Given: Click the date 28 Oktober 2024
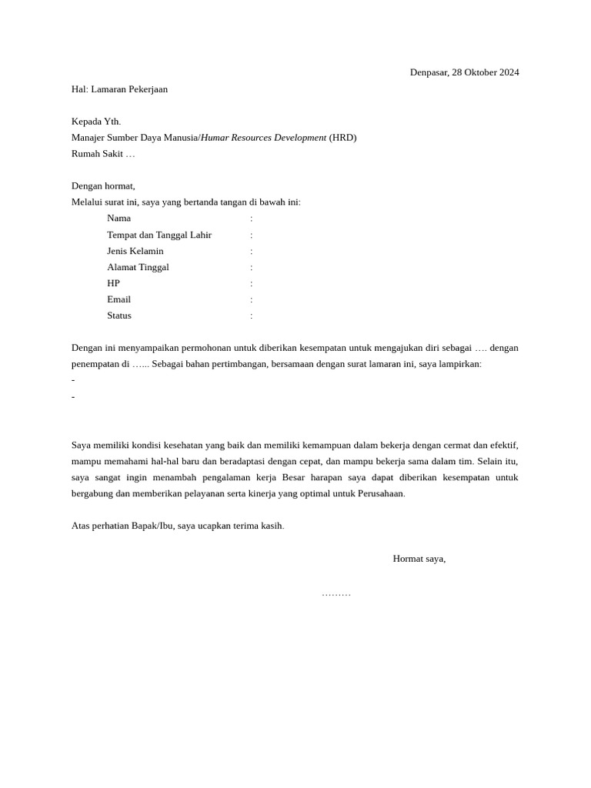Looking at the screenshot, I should click(486, 72).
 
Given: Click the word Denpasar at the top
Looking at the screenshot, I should click(428, 72).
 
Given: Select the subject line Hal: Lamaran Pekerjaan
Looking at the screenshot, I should click(119, 89).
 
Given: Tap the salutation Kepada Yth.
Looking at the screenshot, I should click(96, 122).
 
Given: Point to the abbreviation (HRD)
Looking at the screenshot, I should click(342, 138).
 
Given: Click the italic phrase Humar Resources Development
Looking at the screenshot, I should click(263, 138).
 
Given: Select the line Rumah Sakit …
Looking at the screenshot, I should click(103, 154).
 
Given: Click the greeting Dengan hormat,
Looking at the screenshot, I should click(103, 186).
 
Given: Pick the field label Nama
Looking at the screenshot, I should click(119, 219).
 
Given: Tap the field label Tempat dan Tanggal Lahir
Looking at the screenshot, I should click(159, 235).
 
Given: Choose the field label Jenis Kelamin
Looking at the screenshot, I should click(135, 251).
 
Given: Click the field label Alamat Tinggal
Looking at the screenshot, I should click(138, 267).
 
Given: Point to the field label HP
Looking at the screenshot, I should click(113, 283).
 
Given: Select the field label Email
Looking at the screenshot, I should click(119, 299).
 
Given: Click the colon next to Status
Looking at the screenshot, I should click(251, 316).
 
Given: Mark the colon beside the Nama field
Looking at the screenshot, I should click(251, 219).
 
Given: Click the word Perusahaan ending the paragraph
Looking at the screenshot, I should click(380, 493).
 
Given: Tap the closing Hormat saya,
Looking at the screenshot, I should click(419, 559).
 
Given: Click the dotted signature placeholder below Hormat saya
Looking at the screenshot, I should click(336, 594).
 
